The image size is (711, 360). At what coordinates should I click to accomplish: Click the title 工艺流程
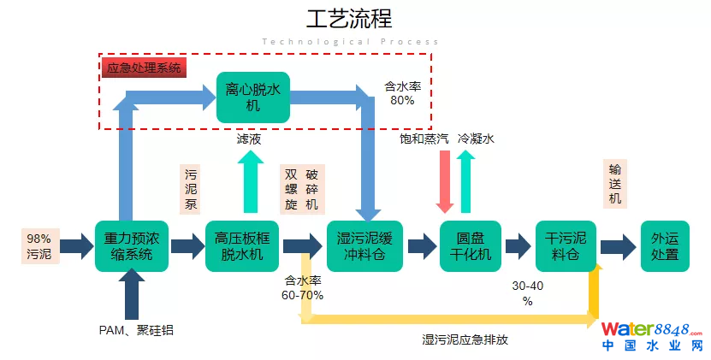[x=349, y=20]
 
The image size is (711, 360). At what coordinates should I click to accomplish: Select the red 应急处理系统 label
[x=143, y=68]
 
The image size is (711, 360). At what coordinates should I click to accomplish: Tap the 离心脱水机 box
[x=252, y=97]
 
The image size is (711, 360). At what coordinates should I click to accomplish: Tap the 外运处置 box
[x=664, y=246]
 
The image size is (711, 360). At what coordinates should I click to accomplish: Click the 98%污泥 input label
[x=39, y=246]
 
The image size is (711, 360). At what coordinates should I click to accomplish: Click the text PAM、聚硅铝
[x=136, y=330]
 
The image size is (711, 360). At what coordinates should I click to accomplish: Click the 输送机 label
[x=614, y=183]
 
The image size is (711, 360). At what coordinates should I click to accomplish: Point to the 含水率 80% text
[x=402, y=93]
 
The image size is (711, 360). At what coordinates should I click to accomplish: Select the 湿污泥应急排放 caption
[x=465, y=339]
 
